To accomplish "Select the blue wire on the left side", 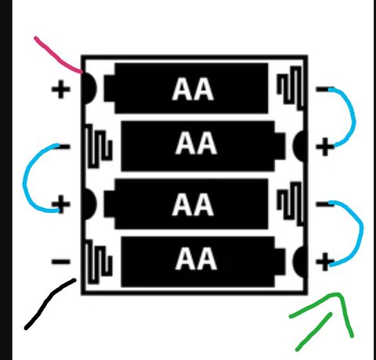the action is click(x=25, y=178).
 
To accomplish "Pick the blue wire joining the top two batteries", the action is click(x=353, y=117).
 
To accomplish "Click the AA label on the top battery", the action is click(x=193, y=89).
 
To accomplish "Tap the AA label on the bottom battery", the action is click(x=196, y=259).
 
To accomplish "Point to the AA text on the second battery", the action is click(x=196, y=143).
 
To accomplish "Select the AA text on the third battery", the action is click(x=193, y=204).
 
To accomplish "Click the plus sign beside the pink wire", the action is click(x=61, y=89).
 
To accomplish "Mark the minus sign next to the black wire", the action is click(x=61, y=261).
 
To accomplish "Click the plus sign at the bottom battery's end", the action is click(x=325, y=261).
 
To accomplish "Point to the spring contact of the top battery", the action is click(x=291, y=88).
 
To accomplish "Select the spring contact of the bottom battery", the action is click(x=99, y=261).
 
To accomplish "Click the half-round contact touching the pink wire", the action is click(x=89, y=88).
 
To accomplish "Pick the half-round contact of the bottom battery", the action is click(x=299, y=261).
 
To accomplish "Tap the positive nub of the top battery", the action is click(x=110, y=88).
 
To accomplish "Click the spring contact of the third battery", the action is click(x=291, y=203).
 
